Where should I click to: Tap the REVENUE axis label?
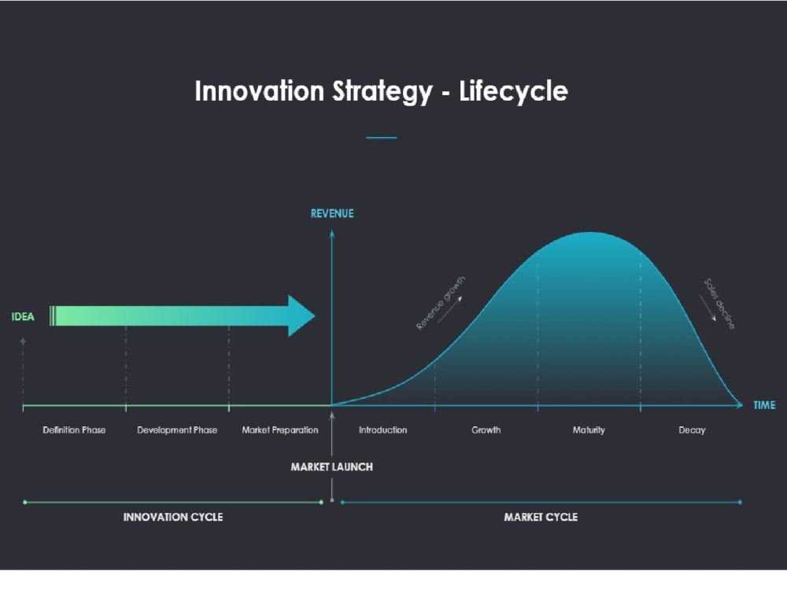click(332, 213)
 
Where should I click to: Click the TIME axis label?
click(764, 405)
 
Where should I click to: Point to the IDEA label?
click(24, 317)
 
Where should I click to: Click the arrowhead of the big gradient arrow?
click(301, 315)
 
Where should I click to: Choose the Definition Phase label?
click(74, 430)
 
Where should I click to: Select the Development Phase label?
click(177, 430)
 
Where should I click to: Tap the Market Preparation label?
click(280, 430)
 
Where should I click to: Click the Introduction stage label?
click(383, 430)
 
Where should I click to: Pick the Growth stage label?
click(486, 430)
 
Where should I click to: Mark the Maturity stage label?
click(589, 430)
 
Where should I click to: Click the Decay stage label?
click(692, 430)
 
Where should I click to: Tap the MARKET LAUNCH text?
click(331, 466)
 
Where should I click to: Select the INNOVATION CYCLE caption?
click(173, 517)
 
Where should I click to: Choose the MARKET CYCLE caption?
click(541, 517)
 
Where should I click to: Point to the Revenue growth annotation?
click(441, 303)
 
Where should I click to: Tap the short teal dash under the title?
click(382, 138)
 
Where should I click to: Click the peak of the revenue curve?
click(589, 233)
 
